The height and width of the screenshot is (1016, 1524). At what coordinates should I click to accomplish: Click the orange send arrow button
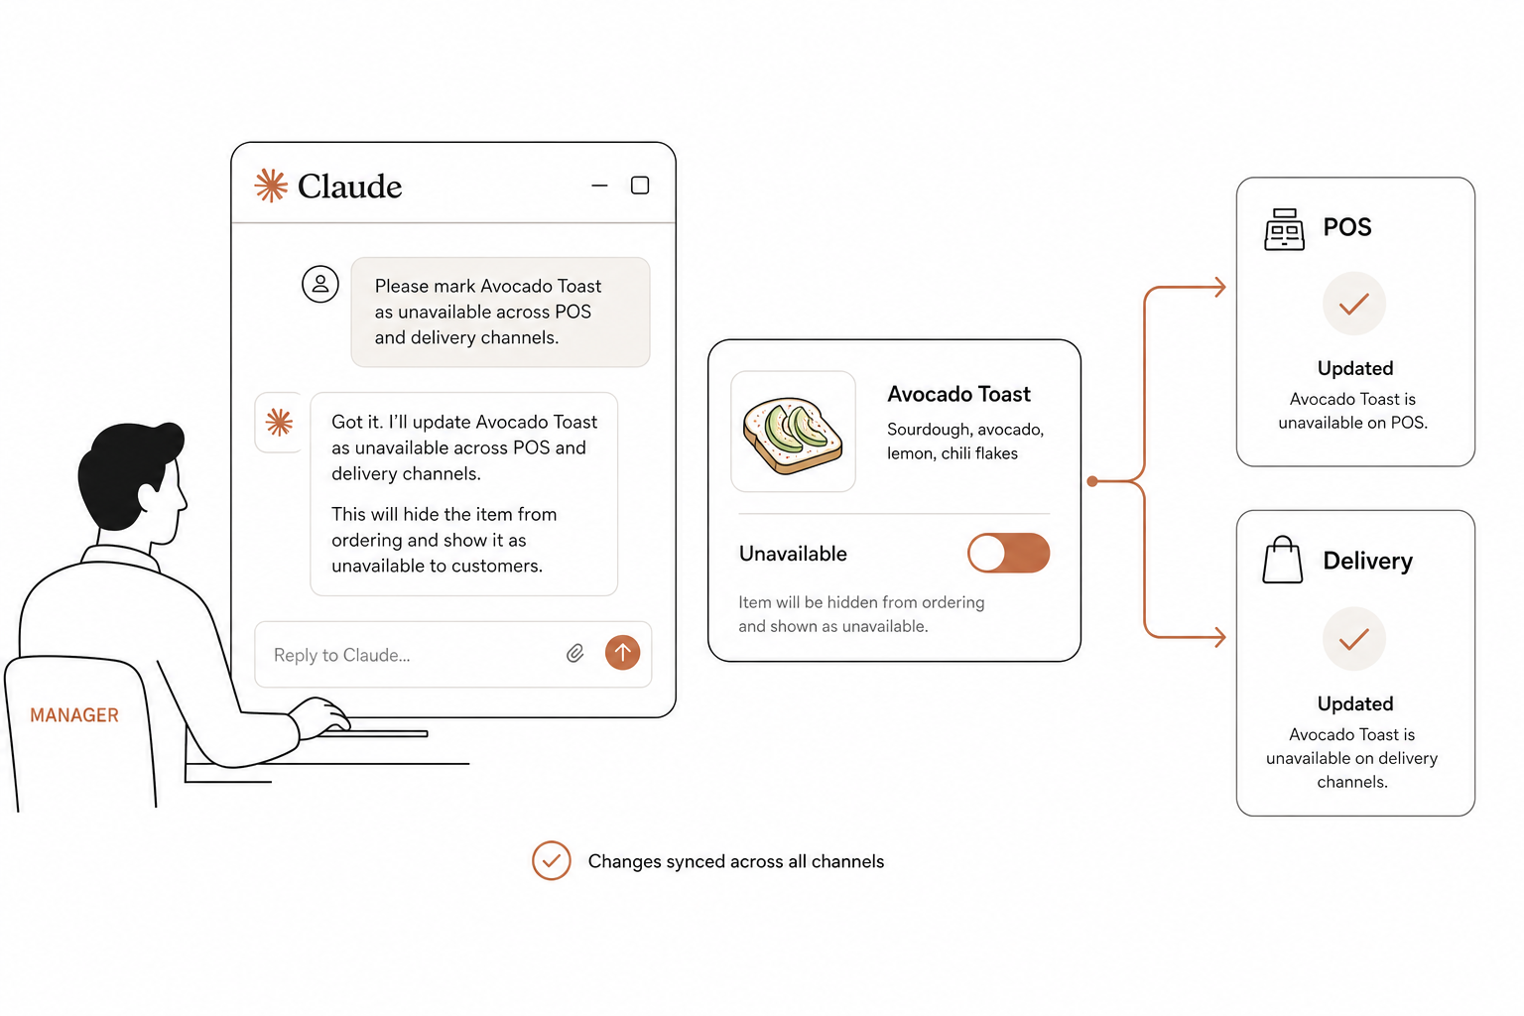click(x=622, y=653)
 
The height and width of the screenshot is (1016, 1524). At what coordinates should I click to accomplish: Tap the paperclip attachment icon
click(x=574, y=653)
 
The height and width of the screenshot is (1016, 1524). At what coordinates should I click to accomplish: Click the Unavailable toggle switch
click(x=1008, y=553)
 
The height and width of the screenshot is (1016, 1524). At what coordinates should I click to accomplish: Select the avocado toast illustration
click(x=793, y=435)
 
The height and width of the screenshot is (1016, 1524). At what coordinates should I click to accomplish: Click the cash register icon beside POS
click(x=1284, y=229)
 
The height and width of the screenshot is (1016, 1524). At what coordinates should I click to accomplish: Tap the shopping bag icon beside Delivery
click(x=1283, y=560)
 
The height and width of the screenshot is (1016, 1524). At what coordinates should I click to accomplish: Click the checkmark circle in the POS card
click(x=1354, y=304)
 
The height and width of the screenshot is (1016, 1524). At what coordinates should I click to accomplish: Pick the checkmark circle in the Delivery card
click(x=1354, y=639)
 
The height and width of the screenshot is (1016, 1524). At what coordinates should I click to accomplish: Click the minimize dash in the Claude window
click(x=599, y=186)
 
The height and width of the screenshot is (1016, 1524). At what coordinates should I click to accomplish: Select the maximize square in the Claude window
click(x=640, y=186)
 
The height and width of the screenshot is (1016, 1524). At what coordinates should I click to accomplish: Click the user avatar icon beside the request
click(x=320, y=284)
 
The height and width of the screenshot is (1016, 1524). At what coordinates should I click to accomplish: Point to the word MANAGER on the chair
click(x=74, y=715)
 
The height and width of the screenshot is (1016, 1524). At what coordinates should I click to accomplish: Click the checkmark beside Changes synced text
click(x=551, y=861)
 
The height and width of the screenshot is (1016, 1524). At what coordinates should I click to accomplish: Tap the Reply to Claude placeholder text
click(x=341, y=655)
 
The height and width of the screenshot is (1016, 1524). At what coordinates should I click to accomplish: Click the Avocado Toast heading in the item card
click(x=958, y=394)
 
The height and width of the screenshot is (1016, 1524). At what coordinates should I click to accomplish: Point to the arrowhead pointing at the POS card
click(x=1219, y=287)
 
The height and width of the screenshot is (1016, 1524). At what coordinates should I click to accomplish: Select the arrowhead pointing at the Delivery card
click(x=1219, y=638)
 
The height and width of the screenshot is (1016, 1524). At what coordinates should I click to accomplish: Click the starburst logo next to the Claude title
click(x=271, y=186)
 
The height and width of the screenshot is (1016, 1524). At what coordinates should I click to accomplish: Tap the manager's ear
click(x=148, y=496)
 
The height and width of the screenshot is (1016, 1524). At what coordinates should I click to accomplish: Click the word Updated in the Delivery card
click(x=1355, y=703)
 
